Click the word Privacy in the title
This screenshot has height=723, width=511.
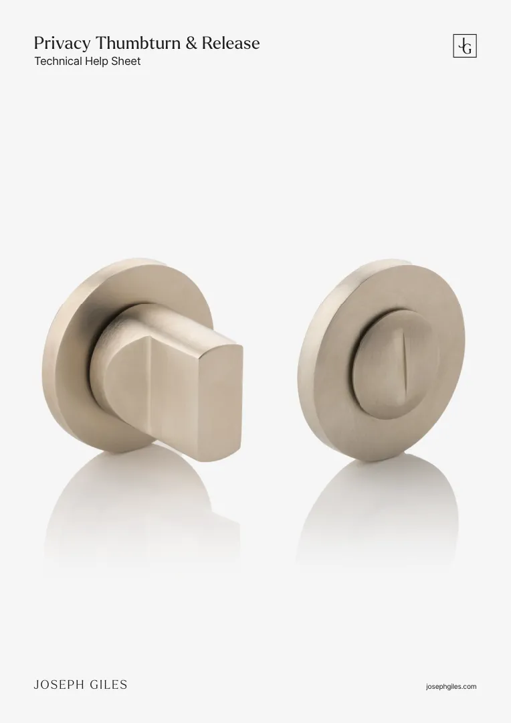coord(62,44)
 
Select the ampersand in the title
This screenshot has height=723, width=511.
coord(191,43)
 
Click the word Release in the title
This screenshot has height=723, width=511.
coord(231,43)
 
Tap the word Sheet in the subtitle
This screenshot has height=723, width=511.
coord(126,62)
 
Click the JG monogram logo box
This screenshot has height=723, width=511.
coord(465,46)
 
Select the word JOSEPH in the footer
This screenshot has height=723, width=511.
coord(58,685)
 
